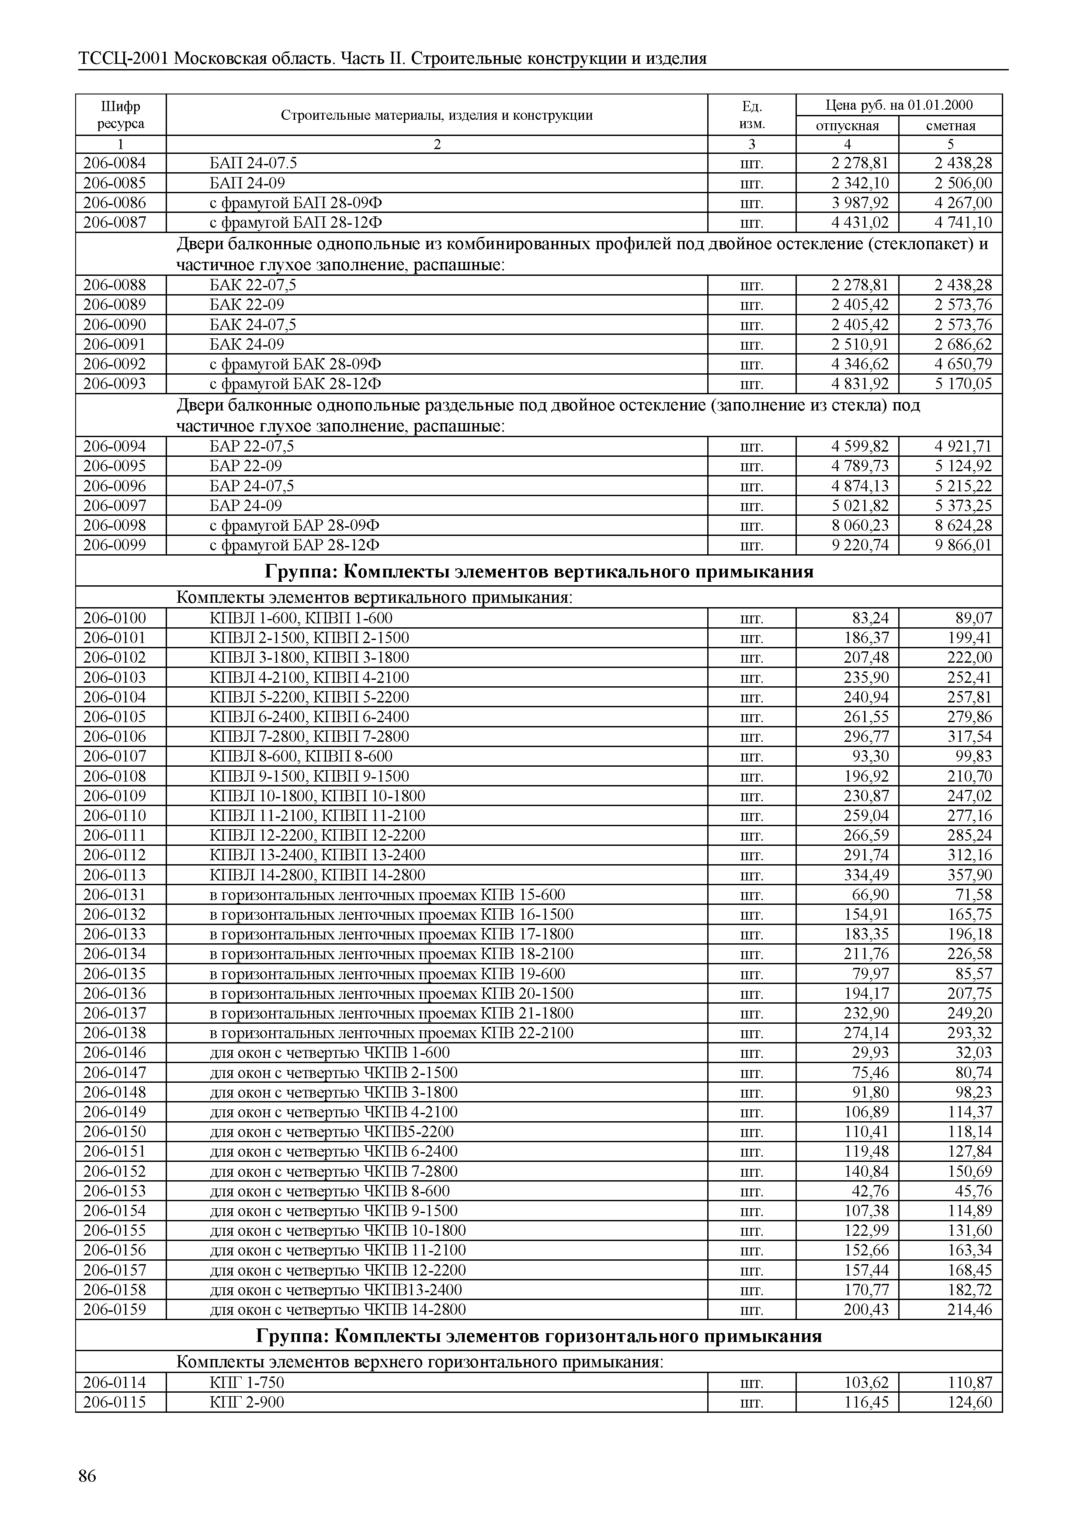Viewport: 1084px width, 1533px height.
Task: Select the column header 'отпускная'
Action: click(x=847, y=125)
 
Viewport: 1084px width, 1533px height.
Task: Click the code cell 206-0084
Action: click(x=114, y=163)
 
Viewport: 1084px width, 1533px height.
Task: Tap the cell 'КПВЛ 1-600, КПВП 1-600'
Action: click(x=301, y=618)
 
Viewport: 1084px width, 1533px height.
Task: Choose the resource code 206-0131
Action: click(x=114, y=895)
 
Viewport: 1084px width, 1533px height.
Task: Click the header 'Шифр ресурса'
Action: click(x=120, y=115)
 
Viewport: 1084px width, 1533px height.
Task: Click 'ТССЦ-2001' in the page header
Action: click(x=123, y=59)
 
